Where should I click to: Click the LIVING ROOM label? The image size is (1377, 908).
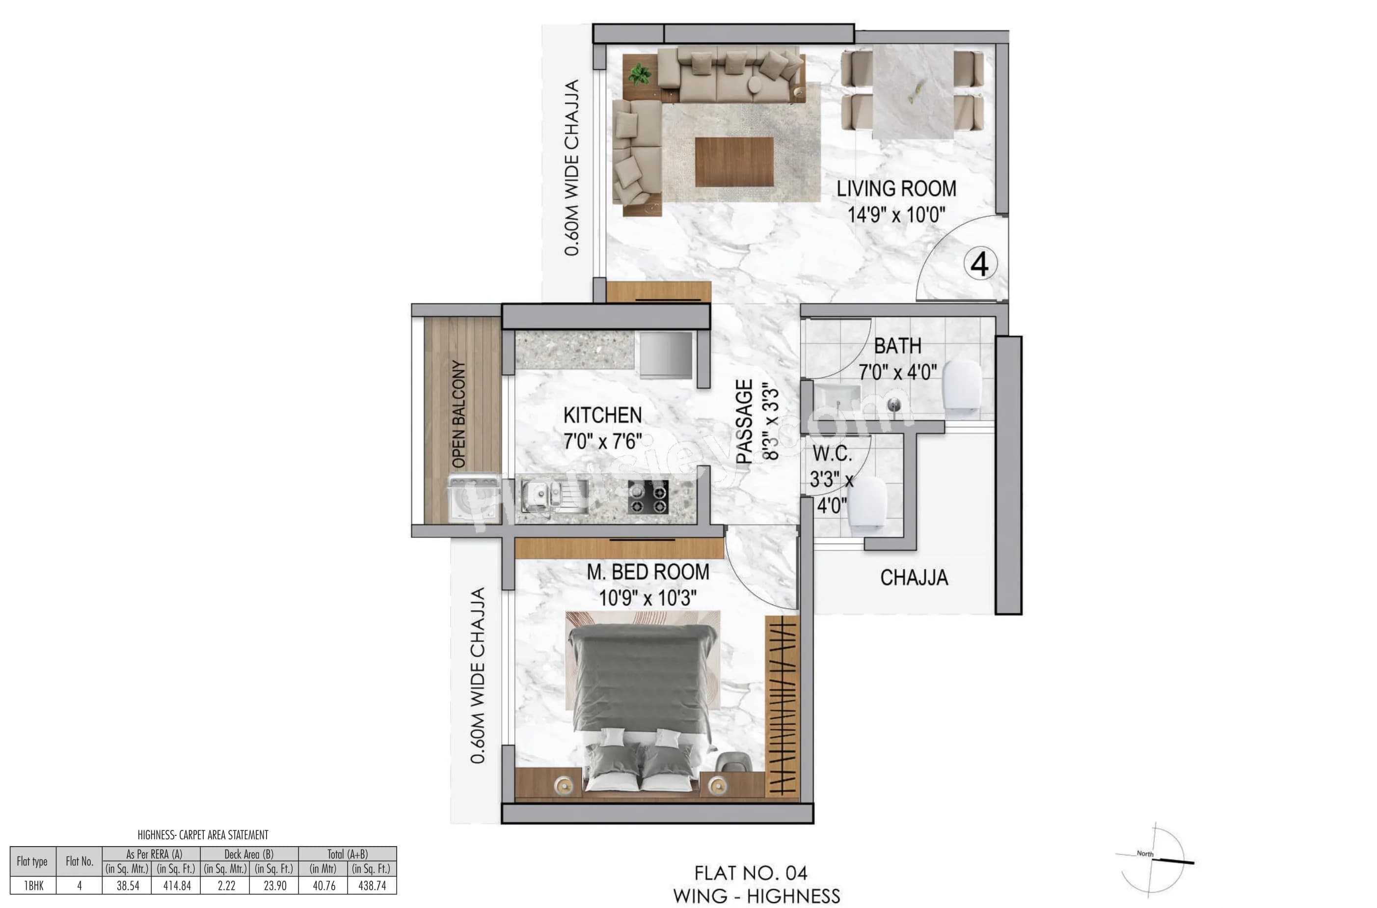point(895,189)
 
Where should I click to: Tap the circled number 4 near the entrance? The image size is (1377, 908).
point(979,264)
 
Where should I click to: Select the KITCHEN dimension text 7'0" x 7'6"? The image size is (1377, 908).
point(602,442)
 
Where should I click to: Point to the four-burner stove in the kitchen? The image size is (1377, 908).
point(648,497)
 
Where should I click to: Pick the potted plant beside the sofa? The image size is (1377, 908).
point(640,74)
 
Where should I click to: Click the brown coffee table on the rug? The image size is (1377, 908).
point(734,162)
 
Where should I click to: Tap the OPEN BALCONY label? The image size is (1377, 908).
point(459,413)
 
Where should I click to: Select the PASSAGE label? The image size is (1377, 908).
point(744,421)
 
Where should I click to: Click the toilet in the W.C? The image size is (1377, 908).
point(867,503)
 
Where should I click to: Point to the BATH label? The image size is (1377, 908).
point(897,346)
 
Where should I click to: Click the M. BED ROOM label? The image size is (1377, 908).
point(648,572)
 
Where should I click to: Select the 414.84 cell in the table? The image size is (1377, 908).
point(177,886)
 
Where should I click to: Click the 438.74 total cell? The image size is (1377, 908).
point(372,886)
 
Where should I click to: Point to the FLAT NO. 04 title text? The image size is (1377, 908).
point(750,873)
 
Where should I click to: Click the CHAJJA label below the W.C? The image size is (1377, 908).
point(914,578)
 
